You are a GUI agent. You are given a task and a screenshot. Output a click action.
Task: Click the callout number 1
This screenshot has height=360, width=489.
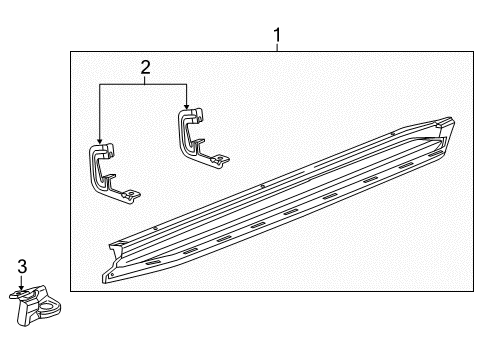point(277,38)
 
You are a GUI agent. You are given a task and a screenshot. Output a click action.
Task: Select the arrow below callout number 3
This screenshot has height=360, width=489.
point(22,283)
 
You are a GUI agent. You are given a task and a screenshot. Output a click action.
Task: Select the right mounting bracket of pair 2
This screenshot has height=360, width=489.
point(197,134)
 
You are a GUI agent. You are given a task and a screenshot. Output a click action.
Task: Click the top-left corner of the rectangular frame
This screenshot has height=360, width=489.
point(70,53)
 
